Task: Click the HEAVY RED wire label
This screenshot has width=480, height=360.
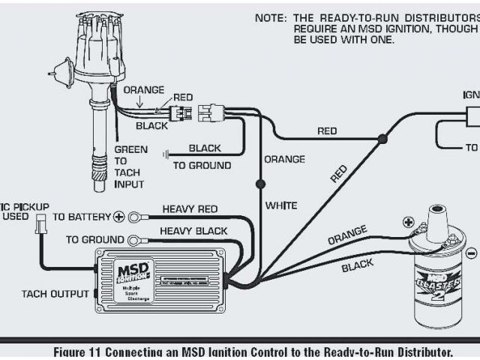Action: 190,209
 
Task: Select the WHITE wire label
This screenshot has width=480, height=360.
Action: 282,205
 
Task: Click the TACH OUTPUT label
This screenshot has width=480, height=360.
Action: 55,293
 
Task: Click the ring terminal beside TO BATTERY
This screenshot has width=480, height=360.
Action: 135,217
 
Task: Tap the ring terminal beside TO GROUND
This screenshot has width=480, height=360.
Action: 135,240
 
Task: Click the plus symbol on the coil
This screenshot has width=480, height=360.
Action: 408,222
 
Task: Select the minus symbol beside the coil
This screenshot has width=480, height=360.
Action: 471,254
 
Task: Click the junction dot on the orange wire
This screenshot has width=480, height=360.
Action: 260,182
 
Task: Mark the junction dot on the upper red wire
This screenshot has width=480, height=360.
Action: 382,139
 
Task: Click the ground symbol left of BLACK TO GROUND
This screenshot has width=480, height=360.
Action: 166,154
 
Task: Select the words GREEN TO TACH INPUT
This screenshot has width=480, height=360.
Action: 130,166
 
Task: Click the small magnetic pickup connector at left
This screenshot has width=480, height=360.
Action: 41,223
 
